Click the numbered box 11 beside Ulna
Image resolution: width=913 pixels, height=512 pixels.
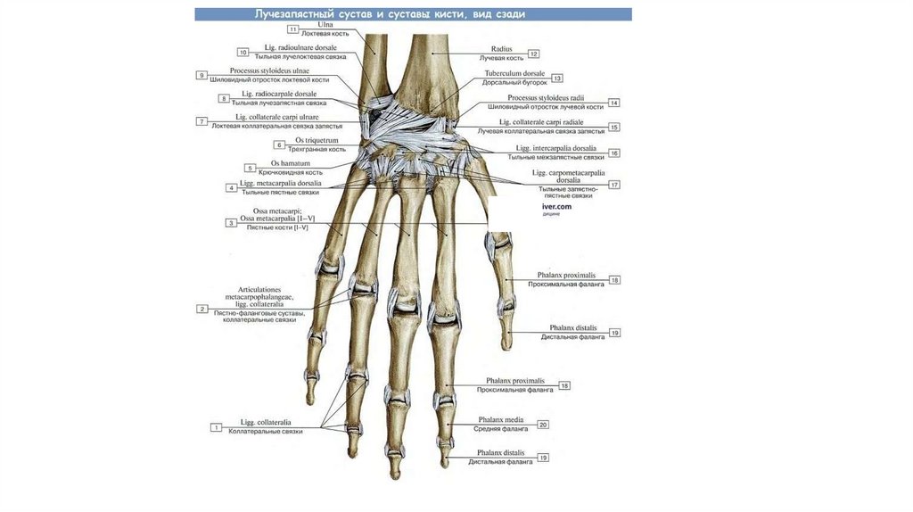(293, 29)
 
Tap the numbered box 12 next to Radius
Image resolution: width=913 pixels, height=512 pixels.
(533, 54)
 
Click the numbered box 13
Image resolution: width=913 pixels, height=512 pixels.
(557, 78)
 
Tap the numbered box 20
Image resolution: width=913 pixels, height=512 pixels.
(543, 425)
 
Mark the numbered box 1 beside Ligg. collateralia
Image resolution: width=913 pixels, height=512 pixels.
(216, 427)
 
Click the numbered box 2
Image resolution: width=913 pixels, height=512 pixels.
(202, 309)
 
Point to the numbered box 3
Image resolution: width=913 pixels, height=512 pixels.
(230, 222)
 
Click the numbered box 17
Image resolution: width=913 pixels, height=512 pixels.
(614, 184)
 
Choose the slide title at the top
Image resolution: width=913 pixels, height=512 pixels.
(412, 15)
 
